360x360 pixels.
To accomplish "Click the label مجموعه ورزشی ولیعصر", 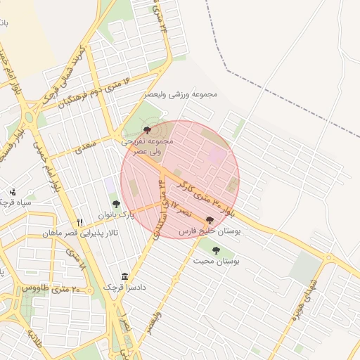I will click(181, 94).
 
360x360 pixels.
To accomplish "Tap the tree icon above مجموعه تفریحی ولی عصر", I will click(147, 130).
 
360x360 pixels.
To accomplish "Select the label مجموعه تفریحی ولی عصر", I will click(147, 146).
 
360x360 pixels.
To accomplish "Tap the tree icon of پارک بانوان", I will click(115, 204).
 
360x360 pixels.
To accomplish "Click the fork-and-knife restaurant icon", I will click(79, 222).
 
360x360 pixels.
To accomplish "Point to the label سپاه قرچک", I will click(17, 202).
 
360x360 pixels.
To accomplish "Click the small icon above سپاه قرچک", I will click(12, 192).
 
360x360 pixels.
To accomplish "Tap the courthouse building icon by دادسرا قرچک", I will click(124, 276).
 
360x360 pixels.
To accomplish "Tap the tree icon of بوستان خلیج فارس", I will click(210, 220).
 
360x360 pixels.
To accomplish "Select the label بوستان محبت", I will click(217, 261).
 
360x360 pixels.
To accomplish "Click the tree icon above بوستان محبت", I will click(216, 250).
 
